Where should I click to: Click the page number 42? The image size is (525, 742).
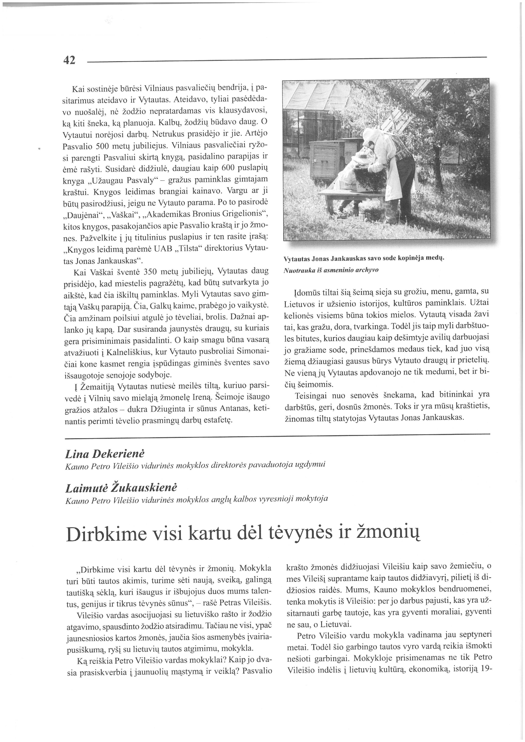tap(69, 60)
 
